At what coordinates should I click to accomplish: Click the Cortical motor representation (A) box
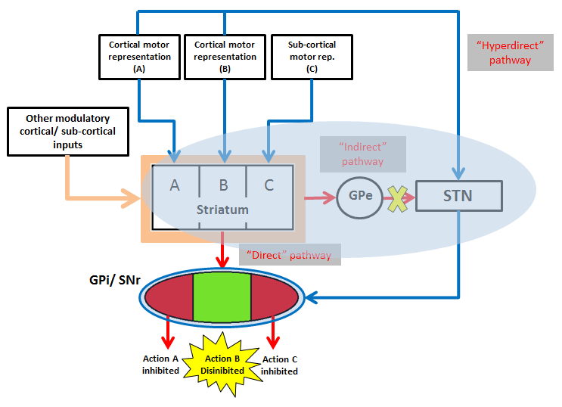point(138,56)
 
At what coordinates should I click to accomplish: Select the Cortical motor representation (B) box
point(224,56)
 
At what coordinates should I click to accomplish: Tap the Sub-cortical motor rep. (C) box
point(313,56)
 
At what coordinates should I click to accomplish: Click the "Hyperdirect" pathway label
point(511,53)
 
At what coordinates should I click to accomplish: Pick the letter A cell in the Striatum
point(175,185)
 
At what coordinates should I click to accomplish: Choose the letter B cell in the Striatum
point(223,185)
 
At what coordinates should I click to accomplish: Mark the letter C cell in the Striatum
point(269,185)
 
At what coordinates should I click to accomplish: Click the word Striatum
point(223,210)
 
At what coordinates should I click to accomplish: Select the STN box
point(458,196)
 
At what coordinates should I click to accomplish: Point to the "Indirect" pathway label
point(362,154)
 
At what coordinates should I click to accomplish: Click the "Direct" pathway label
point(290,254)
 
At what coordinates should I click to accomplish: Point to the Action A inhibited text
point(160,365)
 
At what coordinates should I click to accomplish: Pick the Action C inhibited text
point(279,365)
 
